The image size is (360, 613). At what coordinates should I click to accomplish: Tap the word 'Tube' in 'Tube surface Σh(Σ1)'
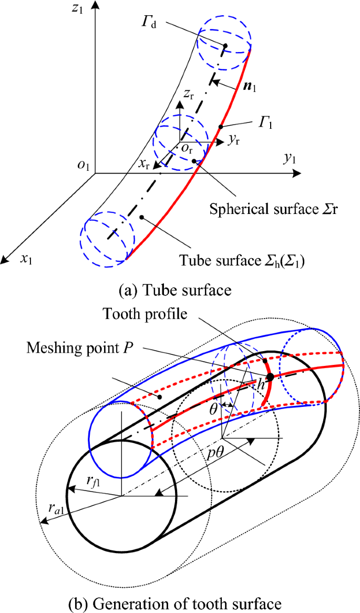tap(190, 260)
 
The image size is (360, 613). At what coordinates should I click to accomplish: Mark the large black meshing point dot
tap(270, 377)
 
